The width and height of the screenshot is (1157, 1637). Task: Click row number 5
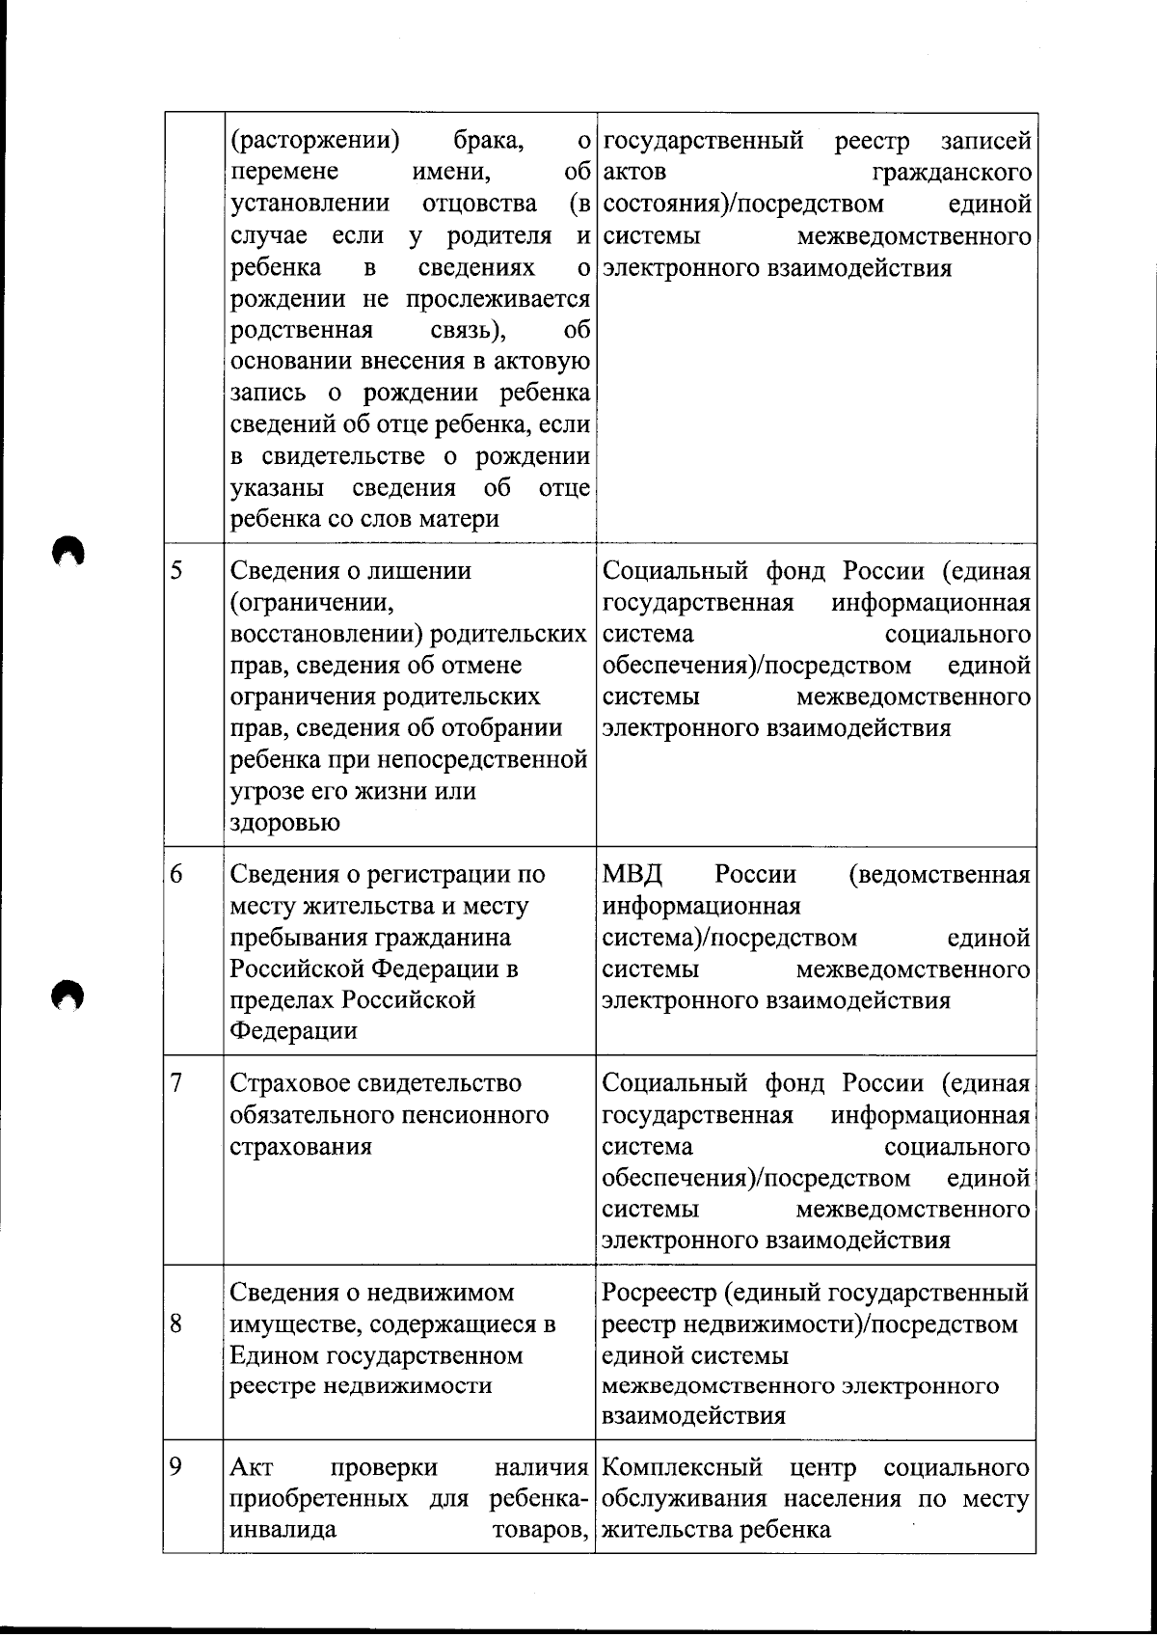177,570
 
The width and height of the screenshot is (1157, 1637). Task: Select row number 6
177,874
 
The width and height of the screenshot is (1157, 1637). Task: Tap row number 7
177,1082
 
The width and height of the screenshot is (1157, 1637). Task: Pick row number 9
177,1467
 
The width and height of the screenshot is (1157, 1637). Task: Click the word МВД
632,875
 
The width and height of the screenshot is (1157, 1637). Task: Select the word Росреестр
659,1293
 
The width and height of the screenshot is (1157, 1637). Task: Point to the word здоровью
284,823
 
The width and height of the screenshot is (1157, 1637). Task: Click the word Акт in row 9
252,1468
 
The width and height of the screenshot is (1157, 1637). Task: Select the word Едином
275,1355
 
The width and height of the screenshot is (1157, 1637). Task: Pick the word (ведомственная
939,875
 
